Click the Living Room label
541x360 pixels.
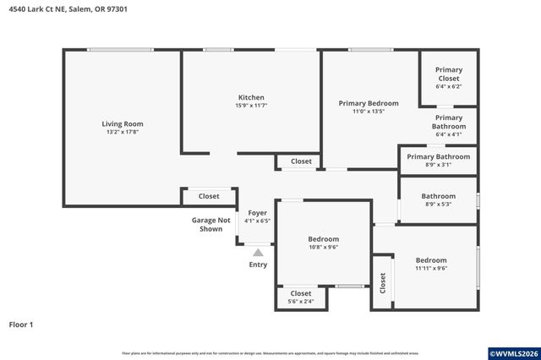(123, 123)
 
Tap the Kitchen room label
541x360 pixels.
(251, 97)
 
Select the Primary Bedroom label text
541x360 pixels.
(369, 103)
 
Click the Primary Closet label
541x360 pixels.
(448, 74)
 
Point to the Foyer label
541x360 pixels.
(256, 213)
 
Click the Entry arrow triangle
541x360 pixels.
(258, 252)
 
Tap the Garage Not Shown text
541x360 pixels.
(210, 224)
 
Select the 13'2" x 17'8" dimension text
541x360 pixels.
(123, 132)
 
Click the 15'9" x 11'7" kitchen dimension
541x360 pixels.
(251, 106)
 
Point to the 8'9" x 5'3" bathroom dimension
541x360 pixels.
(438, 205)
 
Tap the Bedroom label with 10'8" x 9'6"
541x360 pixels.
(323, 239)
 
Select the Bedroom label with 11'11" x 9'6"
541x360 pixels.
(431, 260)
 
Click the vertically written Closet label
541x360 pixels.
(382, 282)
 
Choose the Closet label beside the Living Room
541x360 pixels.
(209, 196)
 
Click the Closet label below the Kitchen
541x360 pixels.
(301, 161)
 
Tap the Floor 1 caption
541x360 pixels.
(21, 324)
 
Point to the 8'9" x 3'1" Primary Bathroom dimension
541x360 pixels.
(438, 165)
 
